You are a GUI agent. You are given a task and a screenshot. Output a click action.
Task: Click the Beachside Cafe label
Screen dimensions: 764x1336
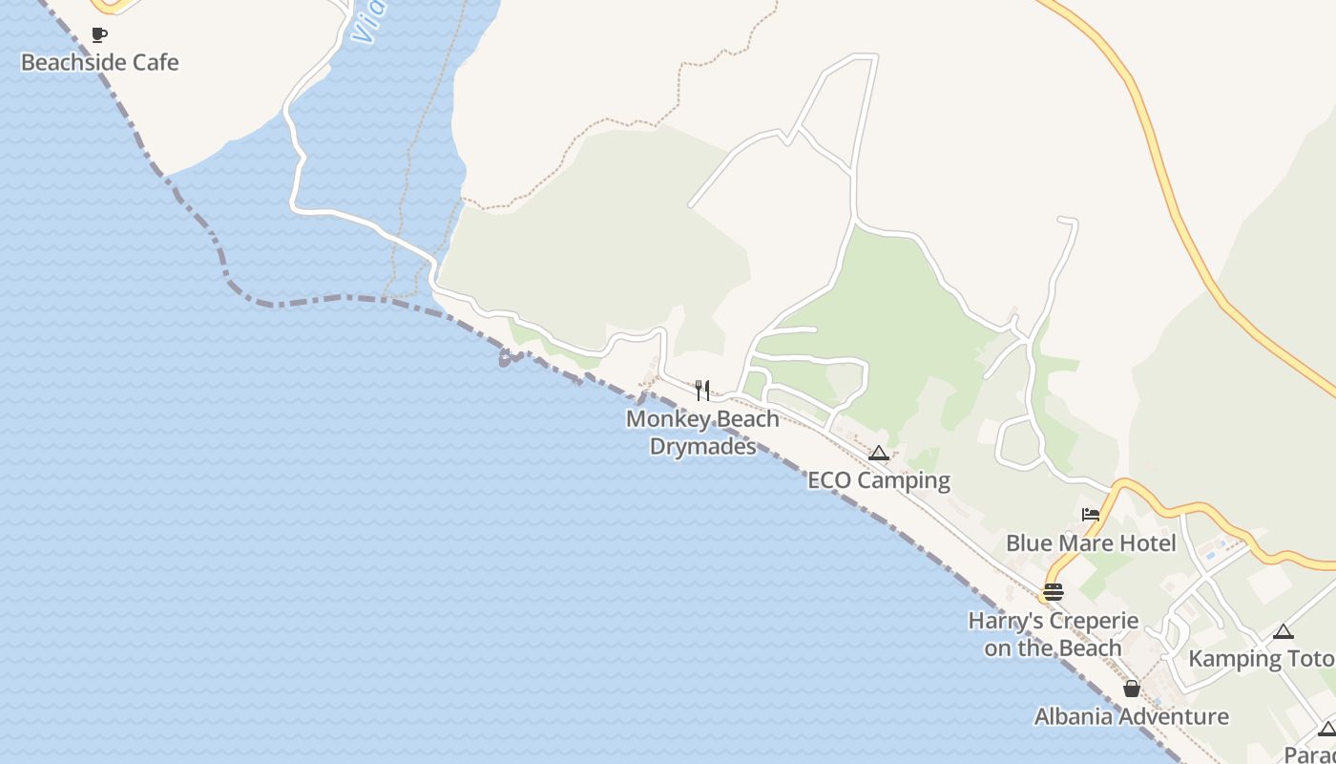(x=99, y=63)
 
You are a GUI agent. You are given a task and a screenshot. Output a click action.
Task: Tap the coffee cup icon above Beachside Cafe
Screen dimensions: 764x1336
(x=98, y=35)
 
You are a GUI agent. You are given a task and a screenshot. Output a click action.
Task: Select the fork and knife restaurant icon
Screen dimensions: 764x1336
(x=702, y=390)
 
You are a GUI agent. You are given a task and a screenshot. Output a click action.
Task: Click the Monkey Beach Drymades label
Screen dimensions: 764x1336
(x=702, y=433)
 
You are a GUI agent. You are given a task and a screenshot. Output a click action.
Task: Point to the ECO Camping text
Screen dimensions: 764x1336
(x=879, y=480)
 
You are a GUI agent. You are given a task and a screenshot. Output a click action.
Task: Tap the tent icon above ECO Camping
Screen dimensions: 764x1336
(x=879, y=454)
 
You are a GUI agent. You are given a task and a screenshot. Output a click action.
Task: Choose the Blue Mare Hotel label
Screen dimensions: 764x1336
(x=1091, y=543)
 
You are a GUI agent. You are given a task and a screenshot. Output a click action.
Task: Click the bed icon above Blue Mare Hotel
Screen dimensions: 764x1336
(x=1091, y=515)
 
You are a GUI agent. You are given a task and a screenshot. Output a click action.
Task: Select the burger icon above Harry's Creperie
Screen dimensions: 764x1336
(x=1053, y=592)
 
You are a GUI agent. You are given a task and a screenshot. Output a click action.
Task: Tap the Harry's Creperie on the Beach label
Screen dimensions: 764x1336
(x=1054, y=634)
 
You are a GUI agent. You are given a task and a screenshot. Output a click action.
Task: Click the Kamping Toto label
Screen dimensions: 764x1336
(x=1261, y=659)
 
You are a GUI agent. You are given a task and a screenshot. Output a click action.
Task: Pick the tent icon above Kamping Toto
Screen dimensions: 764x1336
(x=1284, y=631)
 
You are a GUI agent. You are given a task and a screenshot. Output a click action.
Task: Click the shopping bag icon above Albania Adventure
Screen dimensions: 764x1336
(x=1132, y=689)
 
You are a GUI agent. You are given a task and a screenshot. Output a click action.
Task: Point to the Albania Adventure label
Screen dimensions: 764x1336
(x=1132, y=717)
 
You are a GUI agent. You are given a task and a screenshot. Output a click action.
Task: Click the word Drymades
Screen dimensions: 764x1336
(x=702, y=446)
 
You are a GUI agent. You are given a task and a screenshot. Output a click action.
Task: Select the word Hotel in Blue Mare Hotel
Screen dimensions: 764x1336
(x=1150, y=543)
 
